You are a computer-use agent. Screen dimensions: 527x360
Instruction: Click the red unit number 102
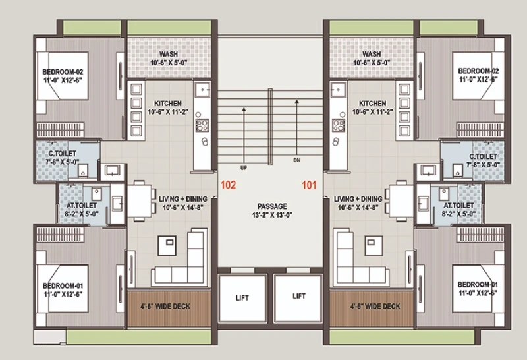(x=228, y=185)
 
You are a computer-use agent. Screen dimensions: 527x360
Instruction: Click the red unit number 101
(x=309, y=185)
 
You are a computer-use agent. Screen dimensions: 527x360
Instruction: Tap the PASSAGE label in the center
(x=272, y=206)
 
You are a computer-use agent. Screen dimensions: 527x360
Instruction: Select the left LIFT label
(x=242, y=298)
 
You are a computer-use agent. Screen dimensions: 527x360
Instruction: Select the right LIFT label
(x=299, y=296)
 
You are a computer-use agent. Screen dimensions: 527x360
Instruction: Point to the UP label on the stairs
(x=244, y=167)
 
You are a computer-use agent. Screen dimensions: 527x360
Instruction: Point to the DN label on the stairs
(x=297, y=160)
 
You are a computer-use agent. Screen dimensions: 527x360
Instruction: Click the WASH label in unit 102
(x=169, y=54)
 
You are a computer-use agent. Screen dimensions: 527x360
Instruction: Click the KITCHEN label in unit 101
(x=372, y=104)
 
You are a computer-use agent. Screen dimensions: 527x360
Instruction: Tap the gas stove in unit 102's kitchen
(x=202, y=125)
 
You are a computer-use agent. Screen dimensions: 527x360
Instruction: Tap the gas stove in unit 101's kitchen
(x=339, y=125)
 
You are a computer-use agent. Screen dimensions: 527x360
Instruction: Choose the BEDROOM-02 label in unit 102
(x=63, y=72)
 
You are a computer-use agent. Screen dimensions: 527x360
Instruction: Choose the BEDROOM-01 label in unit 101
(x=478, y=284)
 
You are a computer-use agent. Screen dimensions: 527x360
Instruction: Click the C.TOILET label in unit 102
(x=63, y=154)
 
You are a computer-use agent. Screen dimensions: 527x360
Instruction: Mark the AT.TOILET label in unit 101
(x=458, y=205)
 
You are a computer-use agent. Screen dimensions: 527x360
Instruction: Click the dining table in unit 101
(x=401, y=200)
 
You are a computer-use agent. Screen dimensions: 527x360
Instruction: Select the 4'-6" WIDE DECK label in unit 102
(x=165, y=306)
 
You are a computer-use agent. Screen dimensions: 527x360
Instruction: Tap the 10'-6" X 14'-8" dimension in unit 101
(x=358, y=208)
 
